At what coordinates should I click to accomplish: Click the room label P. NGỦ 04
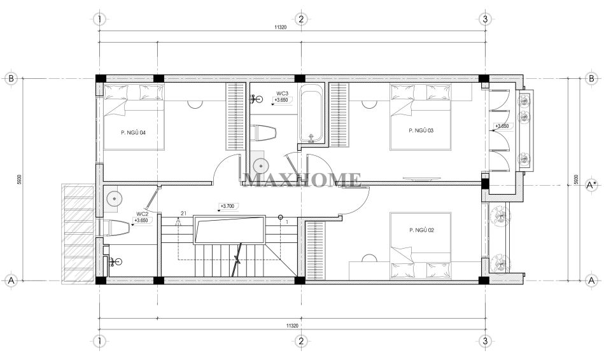click(x=133, y=133)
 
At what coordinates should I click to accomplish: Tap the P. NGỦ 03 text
click(x=421, y=130)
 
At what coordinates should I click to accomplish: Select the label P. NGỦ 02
click(x=421, y=230)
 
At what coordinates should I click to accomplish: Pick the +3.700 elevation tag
click(x=228, y=206)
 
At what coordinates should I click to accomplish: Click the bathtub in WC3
click(x=312, y=114)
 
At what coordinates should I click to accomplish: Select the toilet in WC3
click(x=264, y=133)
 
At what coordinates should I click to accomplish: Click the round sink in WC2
click(x=114, y=198)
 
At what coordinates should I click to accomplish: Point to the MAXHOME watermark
click(x=301, y=180)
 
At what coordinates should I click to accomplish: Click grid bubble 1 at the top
click(x=100, y=18)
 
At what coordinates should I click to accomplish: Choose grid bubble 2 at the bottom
click(x=301, y=341)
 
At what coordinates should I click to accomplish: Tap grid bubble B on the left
click(x=11, y=78)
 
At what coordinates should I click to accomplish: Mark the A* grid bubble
click(x=591, y=185)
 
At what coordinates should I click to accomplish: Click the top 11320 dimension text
click(x=281, y=27)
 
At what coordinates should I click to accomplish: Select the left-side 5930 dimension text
click(x=19, y=180)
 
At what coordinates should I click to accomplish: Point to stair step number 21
click(x=183, y=213)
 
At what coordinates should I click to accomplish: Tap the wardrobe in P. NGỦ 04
click(x=235, y=116)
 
